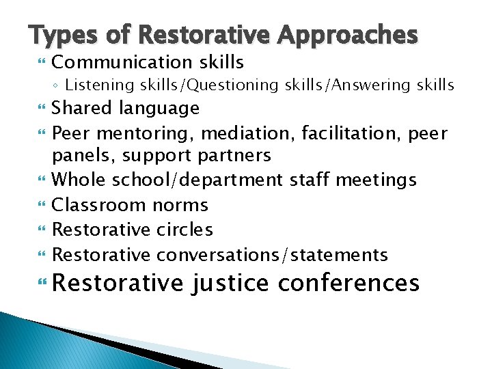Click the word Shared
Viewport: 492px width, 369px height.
coord(83,108)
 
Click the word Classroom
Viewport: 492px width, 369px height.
coord(99,205)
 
